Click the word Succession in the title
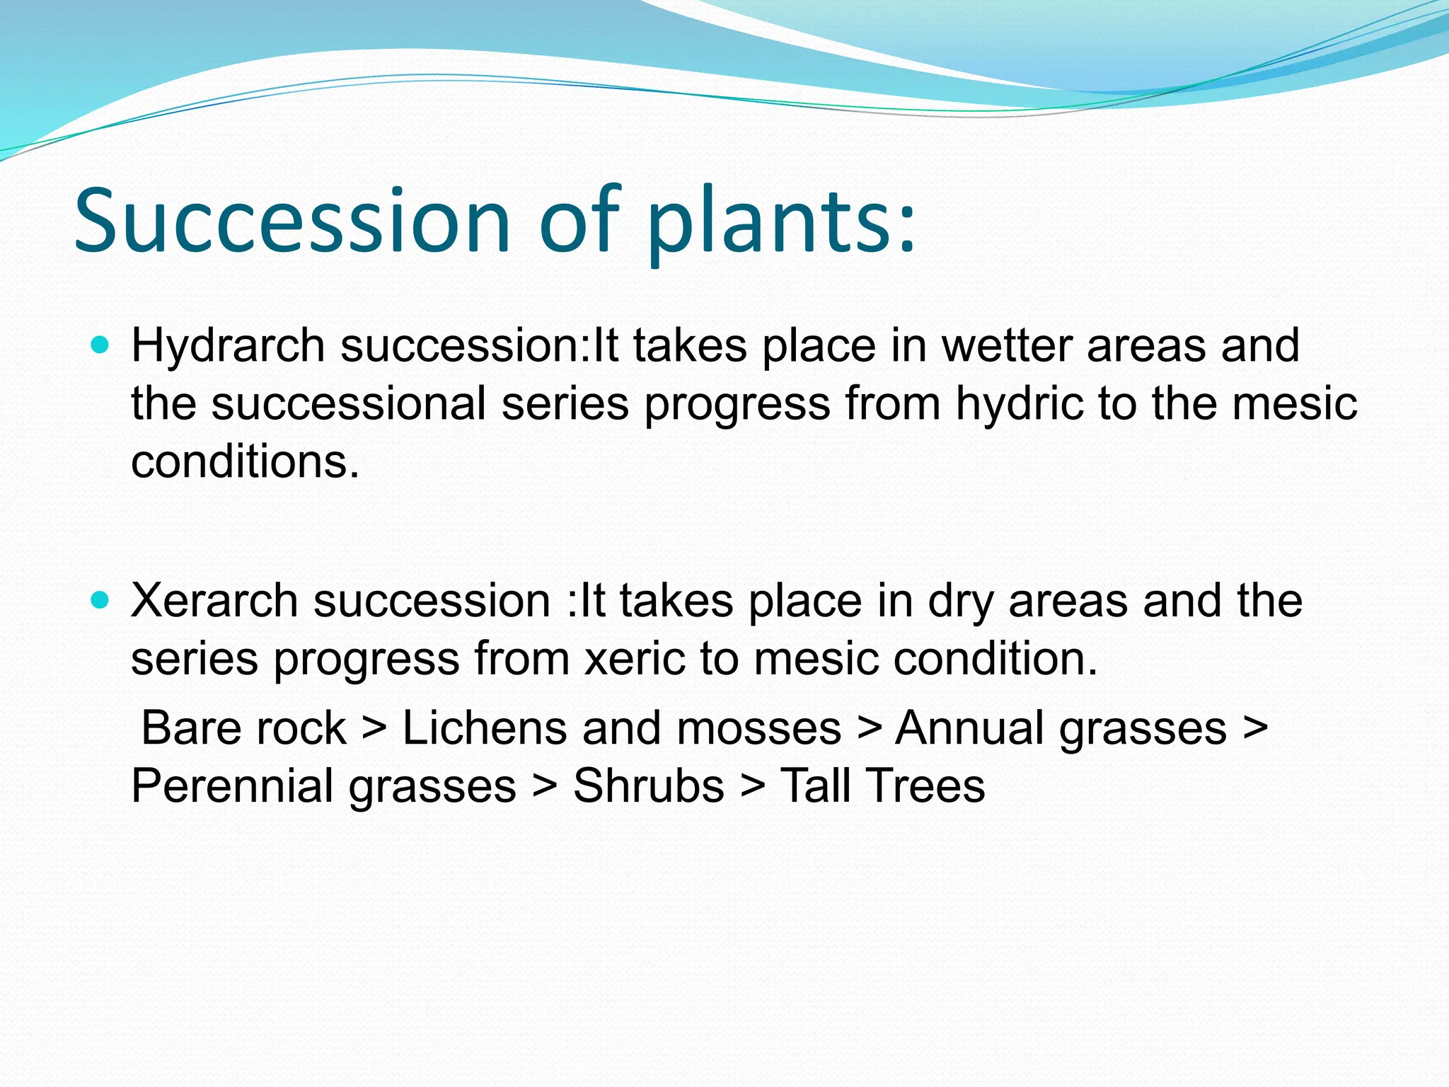291,221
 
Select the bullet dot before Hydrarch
101,345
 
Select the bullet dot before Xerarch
101,601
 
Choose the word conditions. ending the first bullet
246,462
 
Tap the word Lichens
484,728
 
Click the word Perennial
231,786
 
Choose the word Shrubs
648,786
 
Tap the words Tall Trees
882,786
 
